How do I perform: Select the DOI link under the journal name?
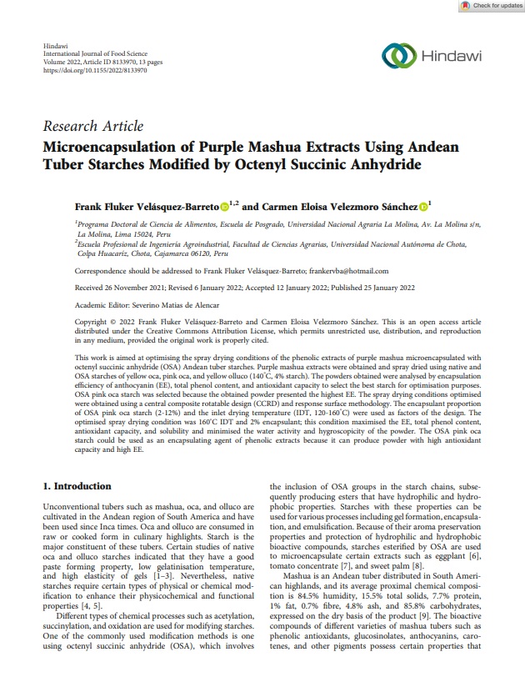[94, 71]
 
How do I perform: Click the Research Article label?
[92, 127]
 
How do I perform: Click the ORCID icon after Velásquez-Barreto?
[224, 205]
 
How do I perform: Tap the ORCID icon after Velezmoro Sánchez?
[423, 205]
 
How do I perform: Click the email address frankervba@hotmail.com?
[343, 271]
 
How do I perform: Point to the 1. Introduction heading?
[76, 486]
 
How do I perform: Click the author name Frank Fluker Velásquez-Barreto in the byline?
[147, 205]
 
